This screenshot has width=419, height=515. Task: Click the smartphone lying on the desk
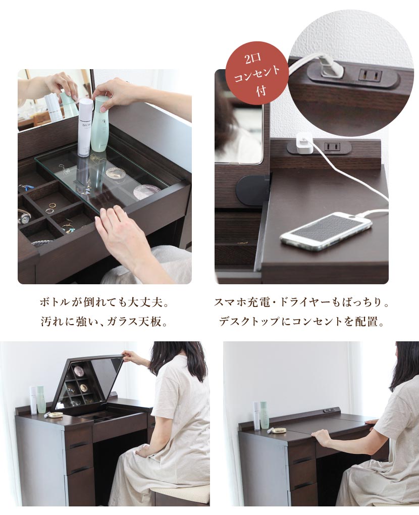326,231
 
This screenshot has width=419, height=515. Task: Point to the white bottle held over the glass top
85,126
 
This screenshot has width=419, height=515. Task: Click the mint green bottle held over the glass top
99,124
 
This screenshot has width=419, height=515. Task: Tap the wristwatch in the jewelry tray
24,216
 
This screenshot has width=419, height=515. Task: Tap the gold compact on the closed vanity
279,430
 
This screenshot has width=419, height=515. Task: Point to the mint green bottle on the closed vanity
264,415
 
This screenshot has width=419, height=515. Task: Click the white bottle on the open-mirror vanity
34,400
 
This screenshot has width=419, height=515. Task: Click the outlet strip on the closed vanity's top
330,410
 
